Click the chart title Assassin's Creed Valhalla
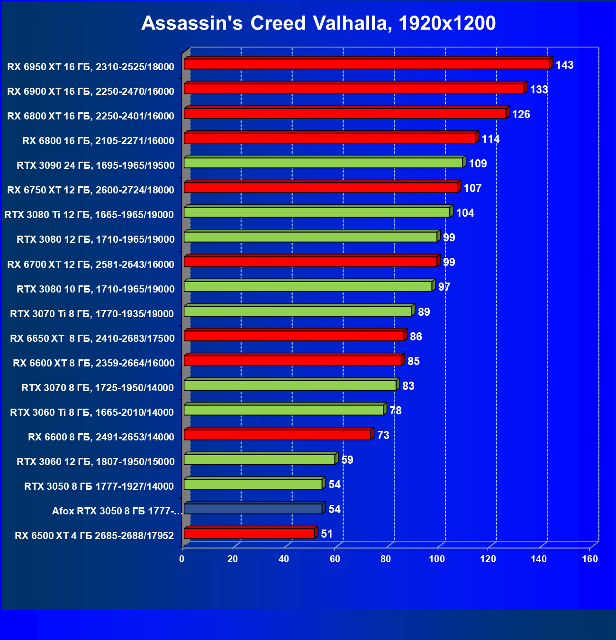[318, 23]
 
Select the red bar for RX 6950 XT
[366, 64]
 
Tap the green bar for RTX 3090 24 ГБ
[323, 163]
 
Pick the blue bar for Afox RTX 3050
[253, 509]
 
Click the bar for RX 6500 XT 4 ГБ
[249, 533]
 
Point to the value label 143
[564, 65]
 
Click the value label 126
[521, 114]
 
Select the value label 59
[347, 460]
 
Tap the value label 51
[326, 534]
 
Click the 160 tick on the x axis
[590, 559]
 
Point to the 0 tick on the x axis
[181, 559]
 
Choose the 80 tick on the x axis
[386, 559]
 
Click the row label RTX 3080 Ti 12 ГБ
[89, 215]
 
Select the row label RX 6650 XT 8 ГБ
[92, 338]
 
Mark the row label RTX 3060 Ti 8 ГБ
[92, 412]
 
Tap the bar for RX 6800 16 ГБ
[330, 138]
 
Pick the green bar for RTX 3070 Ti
[298, 311]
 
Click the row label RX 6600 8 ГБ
[101, 437]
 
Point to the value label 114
[490, 139]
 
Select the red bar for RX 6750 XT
[321, 187]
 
